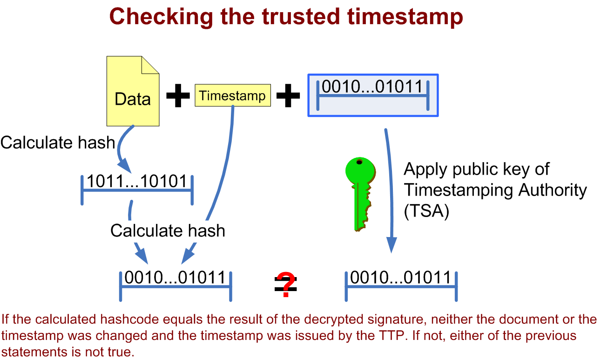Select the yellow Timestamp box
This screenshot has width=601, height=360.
pyautogui.click(x=232, y=95)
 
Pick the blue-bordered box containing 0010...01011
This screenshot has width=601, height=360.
pyautogui.click(x=372, y=95)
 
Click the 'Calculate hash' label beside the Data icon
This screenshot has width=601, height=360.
pyautogui.click(x=58, y=142)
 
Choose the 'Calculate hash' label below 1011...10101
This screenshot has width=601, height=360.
pyautogui.click(x=168, y=230)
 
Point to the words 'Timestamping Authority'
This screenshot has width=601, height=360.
pyautogui.click(x=495, y=190)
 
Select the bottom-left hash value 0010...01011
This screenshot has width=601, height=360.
pyautogui.click(x=175, y=278)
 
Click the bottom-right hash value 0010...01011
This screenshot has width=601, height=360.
pyautogui.click(x=401, y=278)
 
